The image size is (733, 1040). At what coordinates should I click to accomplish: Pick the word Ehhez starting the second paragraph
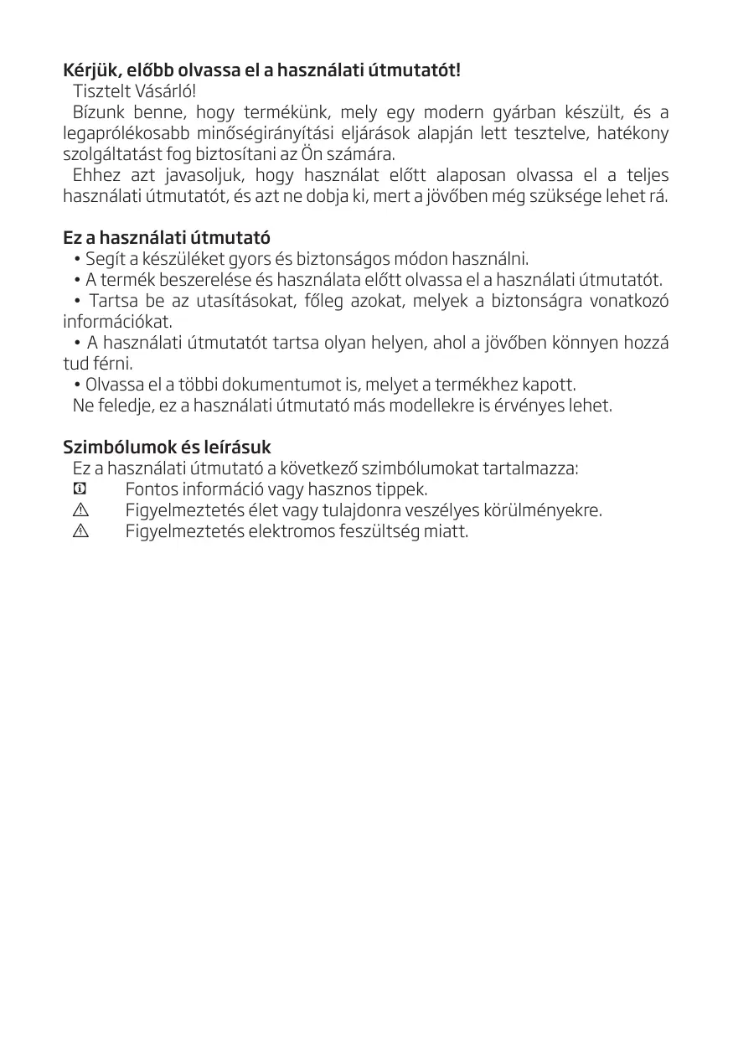point(95,176)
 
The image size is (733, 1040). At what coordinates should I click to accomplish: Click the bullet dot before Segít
point(77,259)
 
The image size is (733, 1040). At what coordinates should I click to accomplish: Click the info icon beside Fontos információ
point(80,489)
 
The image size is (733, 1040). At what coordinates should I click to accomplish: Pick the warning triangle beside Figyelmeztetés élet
point(80,510)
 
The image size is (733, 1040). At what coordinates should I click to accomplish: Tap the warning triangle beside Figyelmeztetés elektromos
point(80,531)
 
